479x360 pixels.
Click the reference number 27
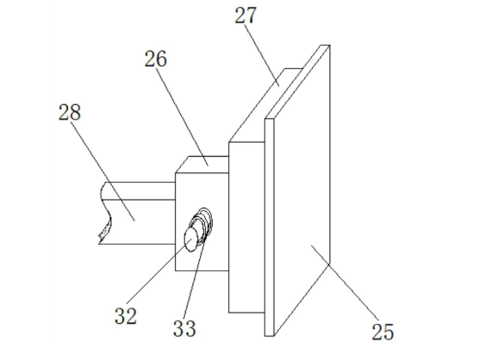246,16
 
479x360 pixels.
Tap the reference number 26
155,59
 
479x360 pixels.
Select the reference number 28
70,112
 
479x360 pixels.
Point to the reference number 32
126,316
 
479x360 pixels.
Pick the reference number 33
184,328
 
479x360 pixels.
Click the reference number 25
383,332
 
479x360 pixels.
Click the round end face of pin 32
191,240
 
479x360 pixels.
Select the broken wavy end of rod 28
105,214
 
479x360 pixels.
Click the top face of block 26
202,164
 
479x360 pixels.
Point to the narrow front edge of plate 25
270,227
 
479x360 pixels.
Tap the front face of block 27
247,227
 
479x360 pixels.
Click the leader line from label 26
183,116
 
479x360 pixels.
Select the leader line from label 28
103,171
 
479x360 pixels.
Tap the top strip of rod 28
139,191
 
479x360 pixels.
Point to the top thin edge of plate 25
297,82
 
